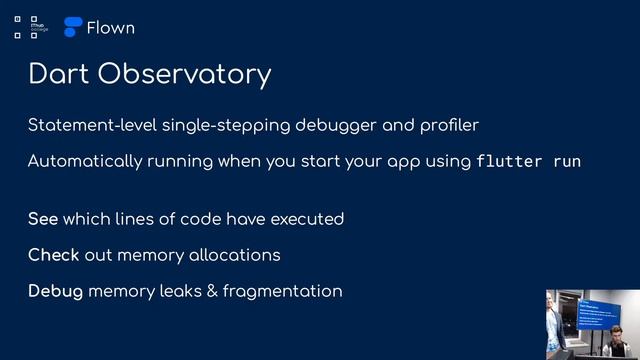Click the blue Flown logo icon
[73, 28]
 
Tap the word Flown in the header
[110, 28]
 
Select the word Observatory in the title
[179, 75]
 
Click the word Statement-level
[89, 125]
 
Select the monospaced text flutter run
[528, 161]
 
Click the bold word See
[43, 219]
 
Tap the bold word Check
[54, 255]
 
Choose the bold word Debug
[55, 291]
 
